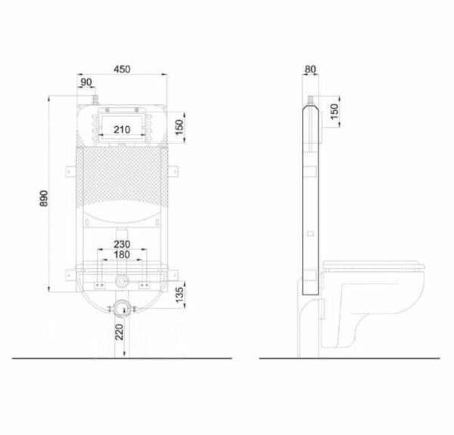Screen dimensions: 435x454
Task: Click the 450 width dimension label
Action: point(123,69)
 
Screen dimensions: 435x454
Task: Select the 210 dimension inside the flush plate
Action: point(122,128)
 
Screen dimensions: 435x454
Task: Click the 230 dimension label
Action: point(122,244)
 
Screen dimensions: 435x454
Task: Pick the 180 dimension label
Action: point(122,255)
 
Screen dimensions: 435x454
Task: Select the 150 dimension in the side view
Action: point(334,113)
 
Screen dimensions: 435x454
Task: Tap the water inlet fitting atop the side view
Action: point(312,100)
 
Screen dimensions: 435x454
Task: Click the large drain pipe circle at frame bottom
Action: point(120,308)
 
